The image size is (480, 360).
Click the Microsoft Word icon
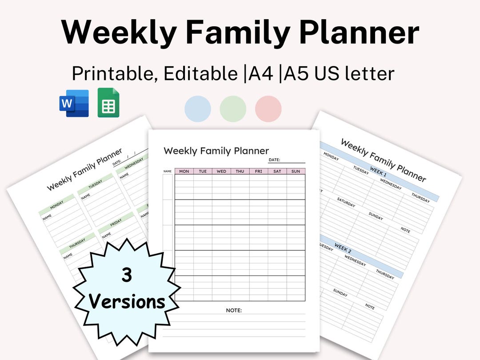click(x=74, y=103)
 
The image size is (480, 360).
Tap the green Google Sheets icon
click(x=108, y=103)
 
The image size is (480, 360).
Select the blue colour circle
click(x=197, y=109)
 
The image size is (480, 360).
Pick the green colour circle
click(x=233, y=109)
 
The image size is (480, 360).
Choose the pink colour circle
click(x=268, y=109)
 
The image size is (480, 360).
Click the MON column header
click(x=184, y=171)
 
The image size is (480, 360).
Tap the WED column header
click(x=221, y=171)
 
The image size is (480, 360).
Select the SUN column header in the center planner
click(x=296, y=171)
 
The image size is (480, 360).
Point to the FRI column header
click(x=258, y=171)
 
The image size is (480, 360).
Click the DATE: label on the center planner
click(x=274, y=160)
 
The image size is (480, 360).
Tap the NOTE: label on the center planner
click(x=234, y=310)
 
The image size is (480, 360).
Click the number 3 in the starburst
click(x=127, y=276)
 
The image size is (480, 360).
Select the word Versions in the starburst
click(x=127, y=302)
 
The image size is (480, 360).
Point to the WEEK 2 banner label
click(x=343, y=248)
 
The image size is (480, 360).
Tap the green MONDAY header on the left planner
click(x=56, y=206)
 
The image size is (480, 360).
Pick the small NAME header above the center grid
click(x=167, y=171)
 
